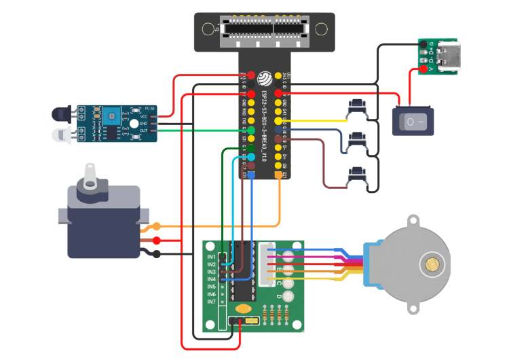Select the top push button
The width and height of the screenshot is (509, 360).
[x=356, y=107]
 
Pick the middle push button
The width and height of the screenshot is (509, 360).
[x=356, y=141]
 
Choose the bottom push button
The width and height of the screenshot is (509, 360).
[x=356, y=176]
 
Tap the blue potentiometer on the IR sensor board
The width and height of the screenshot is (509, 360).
[x=109, y=116]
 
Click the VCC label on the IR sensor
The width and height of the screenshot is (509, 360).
[x=145, y=117]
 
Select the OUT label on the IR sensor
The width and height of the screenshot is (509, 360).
[x=145, y=130]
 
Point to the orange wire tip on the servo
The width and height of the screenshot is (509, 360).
[x=157, y=226]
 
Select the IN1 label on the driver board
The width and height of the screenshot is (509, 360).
[x=211, y=257]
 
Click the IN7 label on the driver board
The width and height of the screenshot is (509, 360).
[x=211, y=302]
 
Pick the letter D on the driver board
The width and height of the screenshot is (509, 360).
[x=279, y=297]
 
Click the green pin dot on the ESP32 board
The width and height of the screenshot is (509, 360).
[x=251, y=130]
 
